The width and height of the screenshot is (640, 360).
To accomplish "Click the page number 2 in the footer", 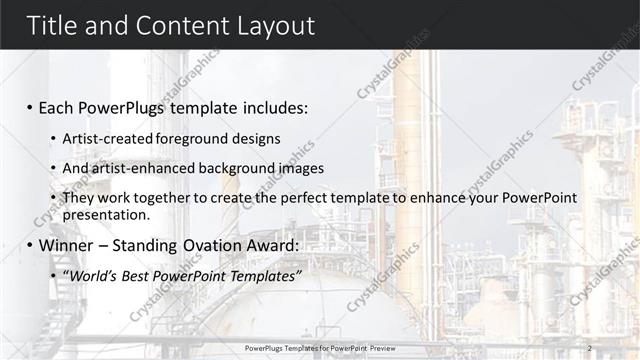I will coord(590,347).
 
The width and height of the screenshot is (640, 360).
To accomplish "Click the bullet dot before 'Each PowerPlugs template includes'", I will coord(30,106).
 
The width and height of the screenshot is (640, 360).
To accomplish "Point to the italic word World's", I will coord(89,275).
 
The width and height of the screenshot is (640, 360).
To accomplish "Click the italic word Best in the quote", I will coord(133,275).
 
